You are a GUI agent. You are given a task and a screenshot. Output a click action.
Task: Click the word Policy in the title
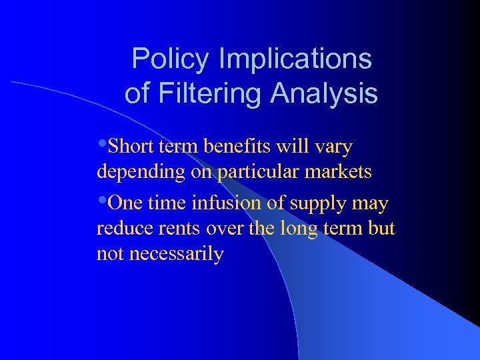[x=169, y=59]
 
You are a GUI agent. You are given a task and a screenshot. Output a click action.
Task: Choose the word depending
[x=137, y=173]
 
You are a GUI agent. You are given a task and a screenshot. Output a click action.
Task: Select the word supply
[x=319, y=203]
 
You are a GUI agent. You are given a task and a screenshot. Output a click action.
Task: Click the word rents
[x=181, y=229]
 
